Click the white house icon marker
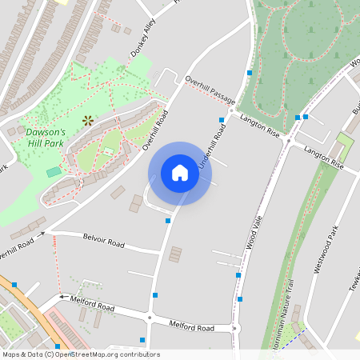[x=180, y=173]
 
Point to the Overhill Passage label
[x=210, y=89]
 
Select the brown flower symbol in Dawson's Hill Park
[x=87, y=121]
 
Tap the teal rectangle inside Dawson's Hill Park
[x=54, y=172]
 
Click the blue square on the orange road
[x=14, y=285]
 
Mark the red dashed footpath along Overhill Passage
[x=216, y=98]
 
